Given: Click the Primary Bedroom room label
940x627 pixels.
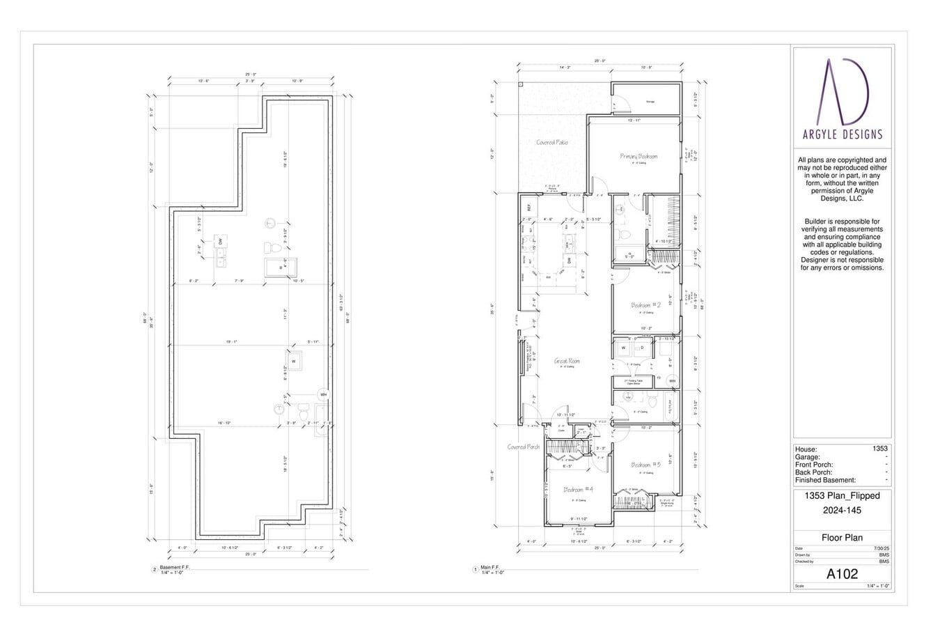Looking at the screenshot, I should click(x=639, y=156).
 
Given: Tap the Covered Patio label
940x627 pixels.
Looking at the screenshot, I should click(x=551, y=142).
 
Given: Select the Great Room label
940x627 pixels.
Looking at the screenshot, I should click(x=567, y=361).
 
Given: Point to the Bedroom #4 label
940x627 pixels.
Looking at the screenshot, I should click(x=577, y=489).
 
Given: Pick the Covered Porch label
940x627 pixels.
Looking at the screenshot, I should click(x=523, y=447).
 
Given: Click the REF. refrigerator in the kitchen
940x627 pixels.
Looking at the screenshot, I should click(x=528, y=208).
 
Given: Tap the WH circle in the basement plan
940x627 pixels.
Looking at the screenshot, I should click(x=323, y=394).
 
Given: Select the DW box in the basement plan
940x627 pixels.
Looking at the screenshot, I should click(x=220, y=241).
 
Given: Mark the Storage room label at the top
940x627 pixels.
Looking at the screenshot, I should click(x=650, y=102).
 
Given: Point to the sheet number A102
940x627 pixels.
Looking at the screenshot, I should click(x=842, y=574).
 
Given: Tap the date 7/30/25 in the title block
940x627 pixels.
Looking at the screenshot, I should click(x=881, y=548).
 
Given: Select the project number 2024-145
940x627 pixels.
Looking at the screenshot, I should click(x=842, y=510).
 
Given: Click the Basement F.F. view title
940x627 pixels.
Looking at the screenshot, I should click(x=174, y=567).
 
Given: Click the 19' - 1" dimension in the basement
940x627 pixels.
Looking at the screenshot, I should click(x=231, y=342).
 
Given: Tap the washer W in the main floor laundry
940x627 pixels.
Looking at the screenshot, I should click(x=623, y=346).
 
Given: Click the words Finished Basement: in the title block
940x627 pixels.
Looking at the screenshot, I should click(x=825, y=480).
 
